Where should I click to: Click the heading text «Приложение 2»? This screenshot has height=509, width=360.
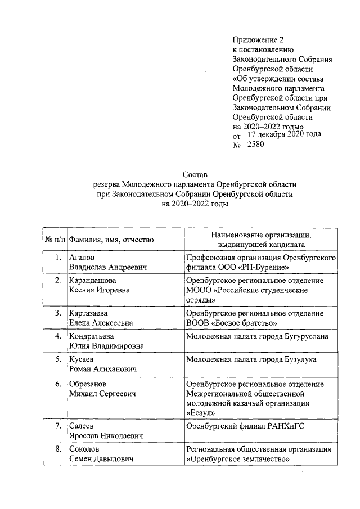[259, 40]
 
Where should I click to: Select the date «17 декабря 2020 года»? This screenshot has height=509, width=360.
[284, 134]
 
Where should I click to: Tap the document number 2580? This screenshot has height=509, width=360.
[251, 145]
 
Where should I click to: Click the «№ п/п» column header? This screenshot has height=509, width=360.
[55, 240]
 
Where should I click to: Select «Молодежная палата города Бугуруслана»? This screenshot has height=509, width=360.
[257, 336]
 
